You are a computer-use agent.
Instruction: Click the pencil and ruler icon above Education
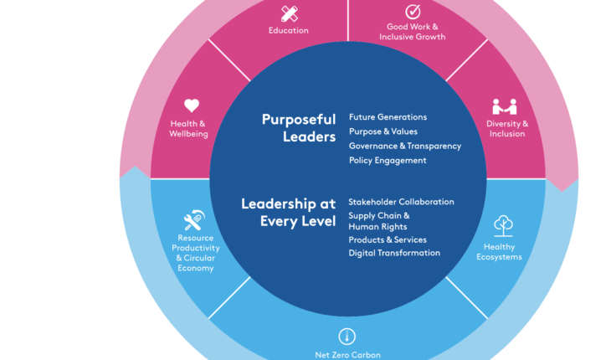[289, 13]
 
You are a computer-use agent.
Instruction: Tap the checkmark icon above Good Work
[412, 12]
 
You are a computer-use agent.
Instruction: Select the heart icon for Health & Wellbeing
[192, 105]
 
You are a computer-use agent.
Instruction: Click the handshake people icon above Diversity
[504, 107]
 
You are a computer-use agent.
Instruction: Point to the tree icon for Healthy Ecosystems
[503, 224]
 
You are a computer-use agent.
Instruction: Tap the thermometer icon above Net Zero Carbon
[347, 336]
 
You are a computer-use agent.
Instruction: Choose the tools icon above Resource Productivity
[194, 221]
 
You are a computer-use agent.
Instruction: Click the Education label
[289, 31]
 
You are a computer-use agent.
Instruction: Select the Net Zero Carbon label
[347, 354]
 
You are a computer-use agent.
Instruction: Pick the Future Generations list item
[388, 117]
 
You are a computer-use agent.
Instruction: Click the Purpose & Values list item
[383, 131]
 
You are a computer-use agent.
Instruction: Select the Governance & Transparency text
[404, 146]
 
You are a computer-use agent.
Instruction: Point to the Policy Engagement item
[388, 160]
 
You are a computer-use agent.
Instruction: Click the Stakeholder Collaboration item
[401, 202]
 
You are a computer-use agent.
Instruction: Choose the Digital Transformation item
[394, 253]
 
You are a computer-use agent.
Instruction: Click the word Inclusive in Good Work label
[396, 37]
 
